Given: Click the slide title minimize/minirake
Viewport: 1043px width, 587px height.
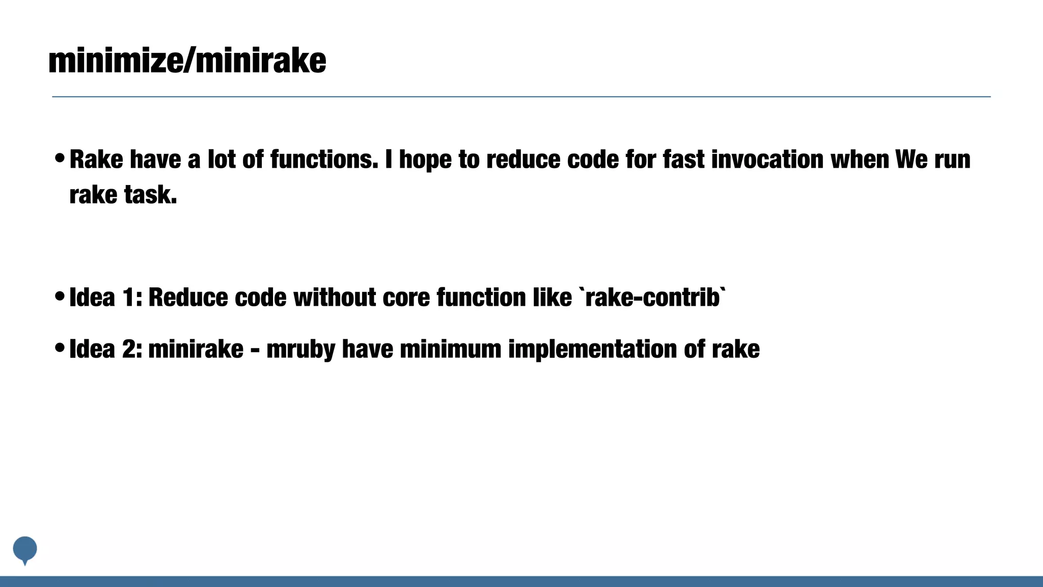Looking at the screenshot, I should tap(187, 61).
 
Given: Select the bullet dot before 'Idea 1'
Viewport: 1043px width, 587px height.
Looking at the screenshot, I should tap(60, 297).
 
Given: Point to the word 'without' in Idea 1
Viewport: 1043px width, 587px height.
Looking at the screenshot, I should tap(335, 298).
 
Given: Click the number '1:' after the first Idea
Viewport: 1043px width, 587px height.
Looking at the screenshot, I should tap(132, 298).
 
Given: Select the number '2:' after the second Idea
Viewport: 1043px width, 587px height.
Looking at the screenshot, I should tap(132, 350).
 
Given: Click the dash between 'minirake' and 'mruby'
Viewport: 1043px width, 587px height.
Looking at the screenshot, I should tap(255, 351).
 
